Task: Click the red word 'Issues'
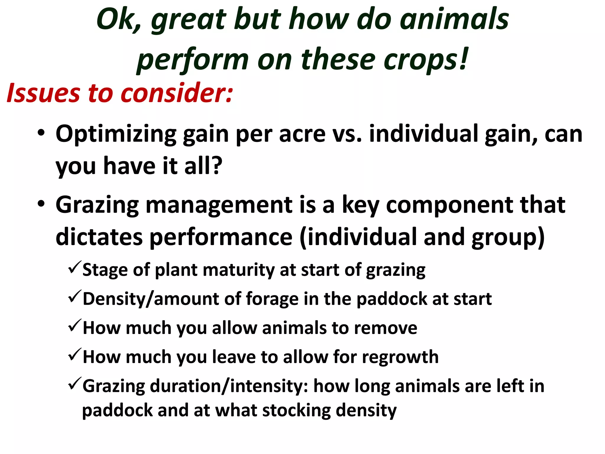click(x=43, y=93)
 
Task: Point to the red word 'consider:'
click(x=177, y=93)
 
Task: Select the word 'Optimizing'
click(x=116, y=135)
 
